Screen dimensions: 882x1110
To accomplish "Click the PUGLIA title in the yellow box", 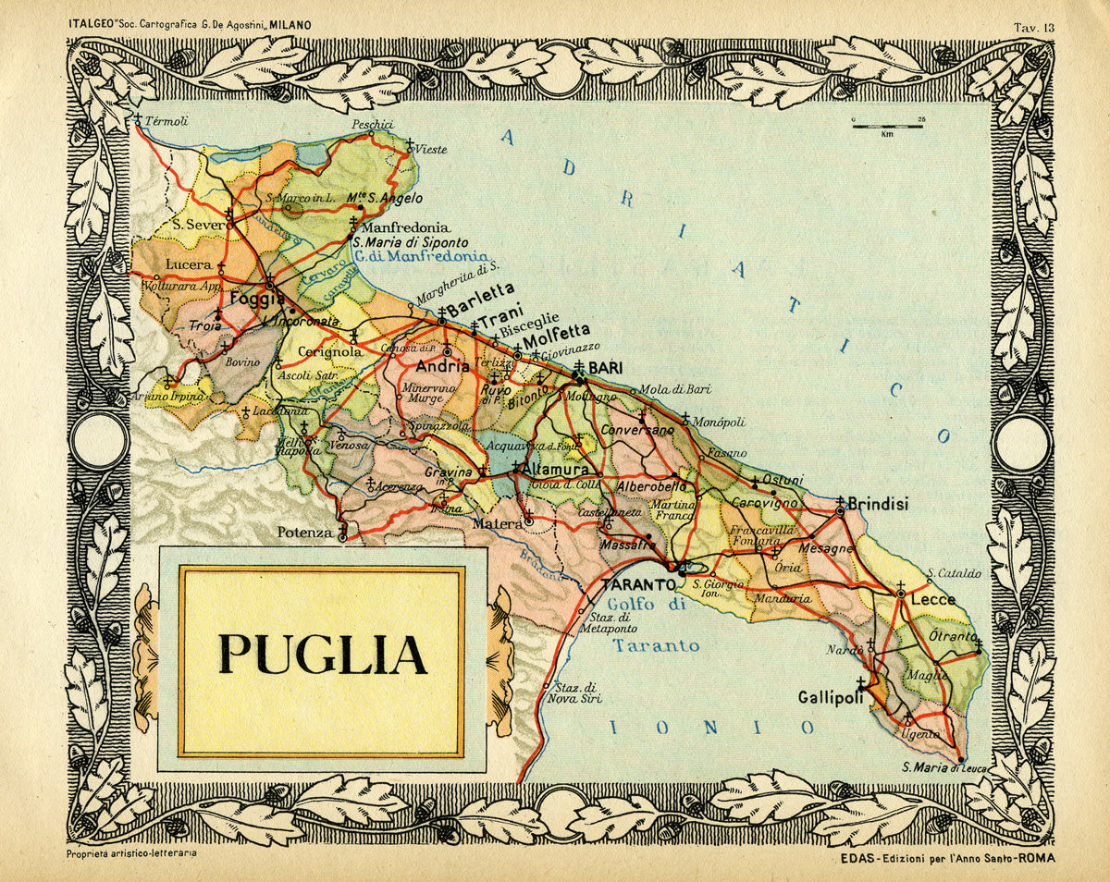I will [322, 654].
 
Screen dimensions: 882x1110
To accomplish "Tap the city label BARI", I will [607, 368].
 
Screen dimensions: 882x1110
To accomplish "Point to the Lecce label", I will [932, 600].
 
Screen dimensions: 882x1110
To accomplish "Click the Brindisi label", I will [878, 505].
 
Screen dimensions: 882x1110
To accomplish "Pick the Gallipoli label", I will [832, 698].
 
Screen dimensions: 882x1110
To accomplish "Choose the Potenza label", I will [304, 533].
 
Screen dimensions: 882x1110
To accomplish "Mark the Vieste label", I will [430, 149].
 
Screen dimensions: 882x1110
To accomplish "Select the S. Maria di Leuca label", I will [944, 768].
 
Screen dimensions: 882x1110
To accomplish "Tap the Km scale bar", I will [887, 127].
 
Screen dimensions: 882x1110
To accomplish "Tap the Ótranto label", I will [953, 637].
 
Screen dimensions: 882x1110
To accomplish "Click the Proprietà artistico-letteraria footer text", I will [131, 854].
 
